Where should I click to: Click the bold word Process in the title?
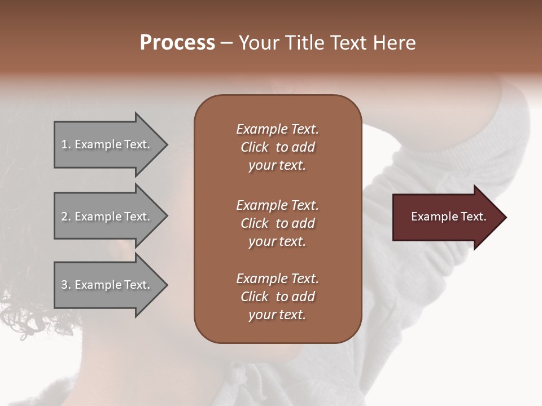pos(177,43)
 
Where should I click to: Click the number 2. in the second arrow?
pos(66,217)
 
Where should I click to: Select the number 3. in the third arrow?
pos(66,285)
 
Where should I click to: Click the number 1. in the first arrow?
pos(65,144)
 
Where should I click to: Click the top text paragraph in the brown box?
pos(277,147)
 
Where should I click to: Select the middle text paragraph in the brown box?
pos(277,223)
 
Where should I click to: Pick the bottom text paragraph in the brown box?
pos(277,297)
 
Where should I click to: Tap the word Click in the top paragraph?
pos(255,147)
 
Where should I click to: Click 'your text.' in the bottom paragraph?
pos(277,315)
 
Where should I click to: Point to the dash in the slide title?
pos(227,43)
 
